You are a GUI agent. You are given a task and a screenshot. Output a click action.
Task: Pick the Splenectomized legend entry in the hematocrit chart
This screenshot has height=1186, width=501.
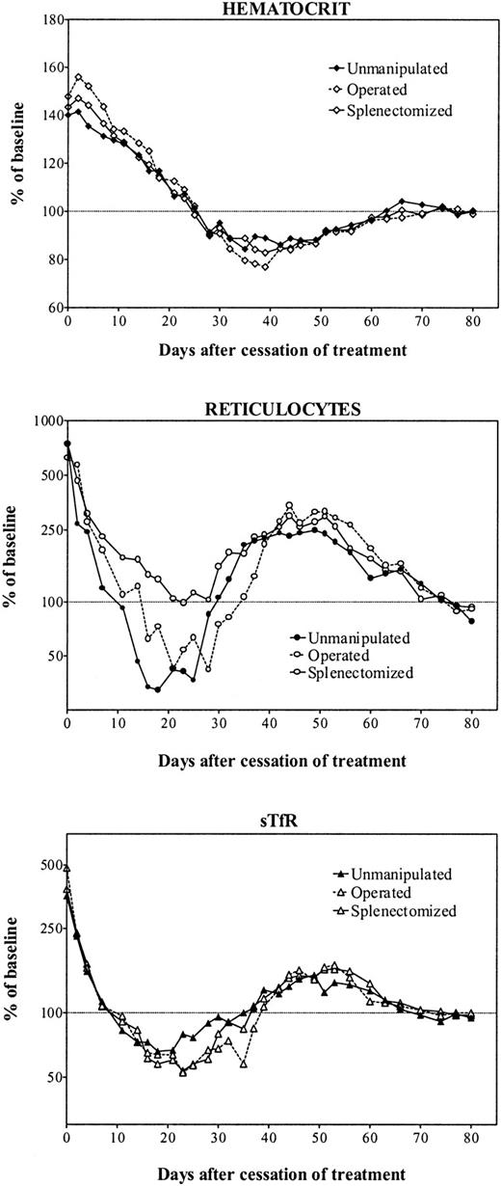point(397,111)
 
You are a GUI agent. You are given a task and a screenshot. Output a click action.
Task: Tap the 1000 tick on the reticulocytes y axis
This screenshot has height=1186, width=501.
point(40,420)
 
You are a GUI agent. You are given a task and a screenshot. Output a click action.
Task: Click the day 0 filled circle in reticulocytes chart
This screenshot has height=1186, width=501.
point(67,444)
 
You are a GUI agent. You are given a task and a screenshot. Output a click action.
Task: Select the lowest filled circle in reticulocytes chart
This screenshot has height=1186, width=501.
point(158,689)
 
